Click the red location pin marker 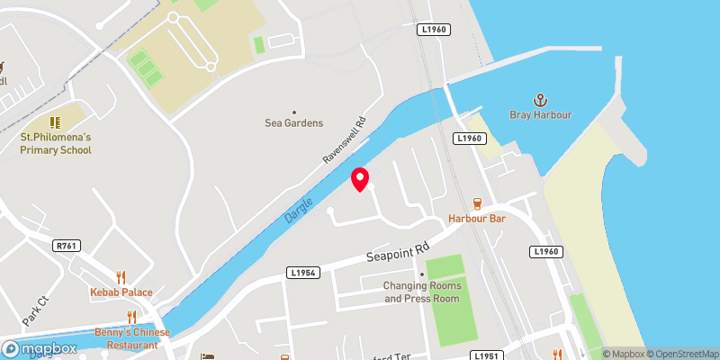pos(360,178)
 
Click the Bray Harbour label pos(542,119)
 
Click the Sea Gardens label pos(293,123)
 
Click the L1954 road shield pos(304,273)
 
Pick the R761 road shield pos(66,245)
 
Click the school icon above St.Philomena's pos(56,121)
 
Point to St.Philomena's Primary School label pos(56,143)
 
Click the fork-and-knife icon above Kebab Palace pos(120,277)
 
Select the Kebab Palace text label pos(121,292)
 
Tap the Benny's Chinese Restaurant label pos(132,338)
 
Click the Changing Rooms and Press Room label pos(422,292)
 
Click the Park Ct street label pos(35,310)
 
